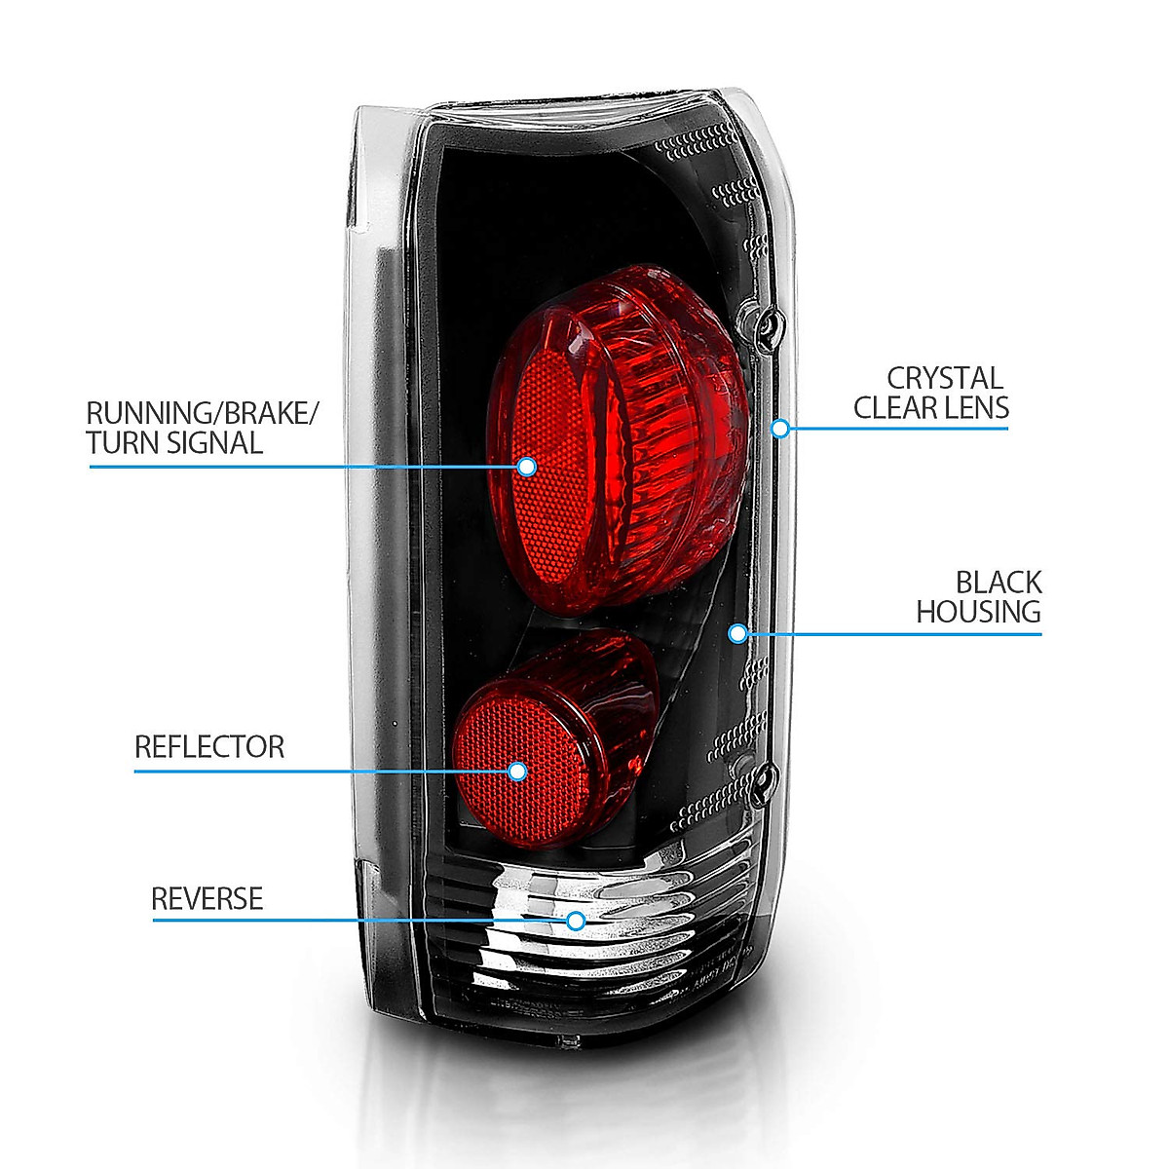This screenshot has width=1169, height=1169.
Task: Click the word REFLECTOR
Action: point(209,747)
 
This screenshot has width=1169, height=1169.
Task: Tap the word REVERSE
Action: point(207,898)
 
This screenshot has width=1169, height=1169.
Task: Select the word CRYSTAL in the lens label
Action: point(944,378)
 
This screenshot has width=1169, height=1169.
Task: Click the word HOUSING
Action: point(978,612)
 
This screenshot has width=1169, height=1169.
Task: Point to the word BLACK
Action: point(998,583)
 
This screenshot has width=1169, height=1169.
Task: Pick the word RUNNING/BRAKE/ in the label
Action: point(202,412)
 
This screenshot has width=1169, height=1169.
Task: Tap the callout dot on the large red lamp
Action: point(527,467)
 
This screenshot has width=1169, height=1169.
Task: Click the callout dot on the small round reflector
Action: point(517,772)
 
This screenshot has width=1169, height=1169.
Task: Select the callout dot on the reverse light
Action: point(576,920)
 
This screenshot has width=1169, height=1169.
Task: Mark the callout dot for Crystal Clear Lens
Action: point(780,428)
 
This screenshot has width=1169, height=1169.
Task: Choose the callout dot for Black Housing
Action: point(737,634)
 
